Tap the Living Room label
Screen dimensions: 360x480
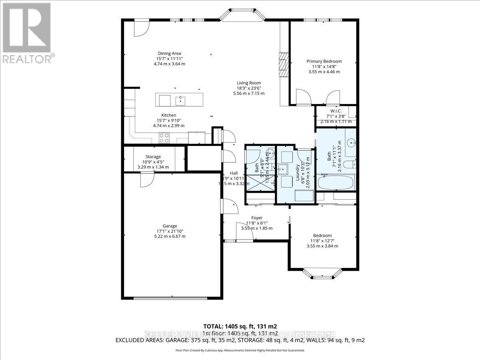[x=248, y=83]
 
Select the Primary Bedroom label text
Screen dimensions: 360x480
[x=324, y=61]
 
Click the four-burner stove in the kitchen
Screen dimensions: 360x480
[x=164, y=138]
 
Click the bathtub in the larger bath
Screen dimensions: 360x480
[x=335, y=183]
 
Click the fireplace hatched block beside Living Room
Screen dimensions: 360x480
[x=284, y=64]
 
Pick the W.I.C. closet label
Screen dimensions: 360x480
[x=335, y=111]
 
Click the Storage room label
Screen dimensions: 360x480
[x=153, y=157]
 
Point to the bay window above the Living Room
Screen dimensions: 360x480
[x=243, y=14]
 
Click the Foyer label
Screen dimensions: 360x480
[x=256, y=218]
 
